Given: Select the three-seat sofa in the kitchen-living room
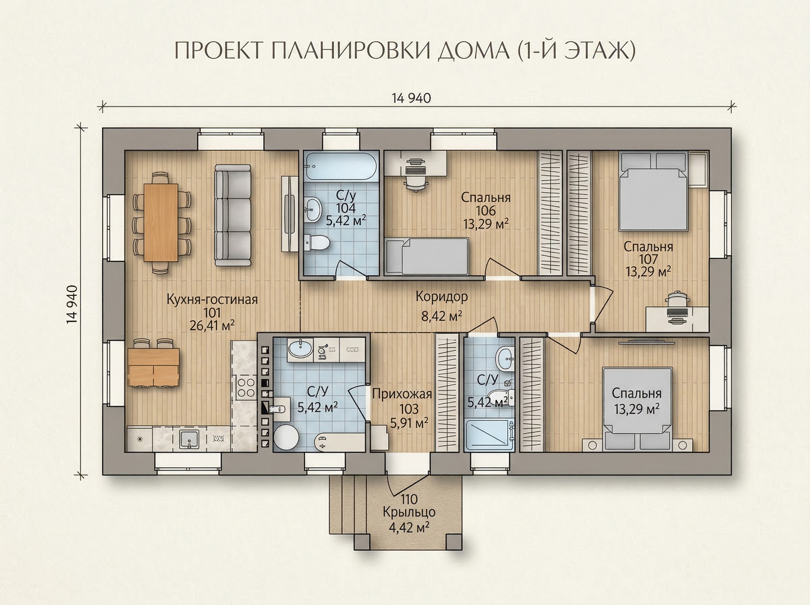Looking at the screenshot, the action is pos(233,215).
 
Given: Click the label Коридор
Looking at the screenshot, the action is pos(441,297).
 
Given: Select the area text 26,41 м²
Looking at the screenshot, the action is pos(212,325).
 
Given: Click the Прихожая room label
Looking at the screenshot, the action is pos(402,394).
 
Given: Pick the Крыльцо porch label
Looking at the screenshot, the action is pos(409,512).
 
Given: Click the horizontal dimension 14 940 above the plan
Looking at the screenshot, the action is pos(411,98).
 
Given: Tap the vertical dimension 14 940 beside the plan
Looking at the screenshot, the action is pos(72,304).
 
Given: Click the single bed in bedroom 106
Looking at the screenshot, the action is pos(427,256).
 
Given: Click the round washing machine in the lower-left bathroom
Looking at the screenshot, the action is pos(286,437).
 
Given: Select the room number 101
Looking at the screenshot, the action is pos(212,313).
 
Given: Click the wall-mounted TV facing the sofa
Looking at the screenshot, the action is pos(289,214).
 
